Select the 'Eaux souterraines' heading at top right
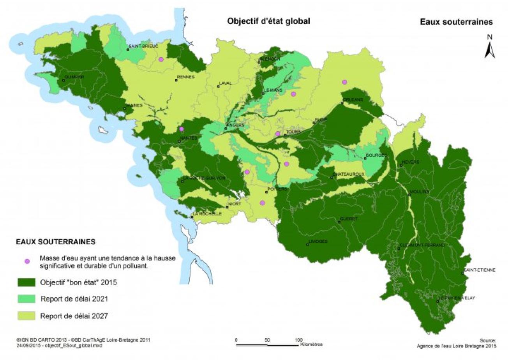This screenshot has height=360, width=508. coord(456,22)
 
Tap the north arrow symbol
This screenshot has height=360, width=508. coord(489,46)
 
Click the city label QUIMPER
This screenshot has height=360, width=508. coord(74,77)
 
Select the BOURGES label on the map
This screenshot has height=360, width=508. coord(376,155)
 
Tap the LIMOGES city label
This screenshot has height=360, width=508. coord(317,241)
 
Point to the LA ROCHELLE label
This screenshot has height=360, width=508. coord(207,214)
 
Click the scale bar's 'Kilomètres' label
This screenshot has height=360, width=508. coord(311,344)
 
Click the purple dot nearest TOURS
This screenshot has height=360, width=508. coord(278,134)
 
